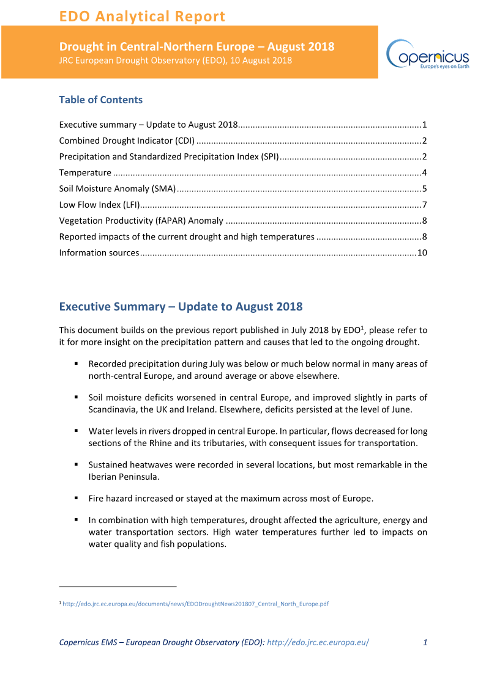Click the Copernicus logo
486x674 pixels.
tap(427, 55)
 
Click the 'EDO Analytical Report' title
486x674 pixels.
tap(142, 16)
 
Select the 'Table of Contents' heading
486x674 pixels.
tap(100, 100)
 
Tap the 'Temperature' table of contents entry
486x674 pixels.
tap(85, 172)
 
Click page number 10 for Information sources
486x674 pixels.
tap(422, 252)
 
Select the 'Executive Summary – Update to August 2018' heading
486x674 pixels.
tap(181, 306)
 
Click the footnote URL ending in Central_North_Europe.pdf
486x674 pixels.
tap(196, 604)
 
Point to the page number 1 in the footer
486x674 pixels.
tap(425, 642)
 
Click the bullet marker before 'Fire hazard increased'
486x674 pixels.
tap(77, 498)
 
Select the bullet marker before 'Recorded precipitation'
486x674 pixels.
tap(77, 364)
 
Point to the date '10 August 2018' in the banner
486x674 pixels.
tap(261, 60)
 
